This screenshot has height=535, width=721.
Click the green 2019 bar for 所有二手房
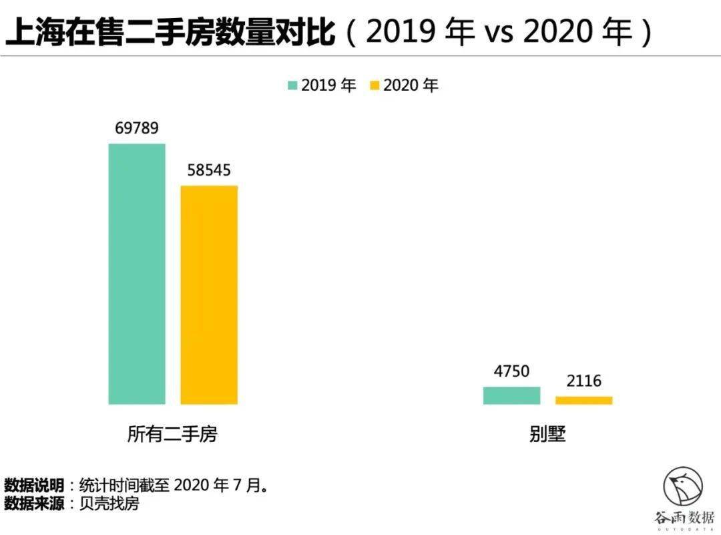(137, 274)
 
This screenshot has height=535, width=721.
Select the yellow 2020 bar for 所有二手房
(209, 295)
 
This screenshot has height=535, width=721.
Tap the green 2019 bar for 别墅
(511, 395)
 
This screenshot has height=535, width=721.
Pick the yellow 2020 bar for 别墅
(583, 400)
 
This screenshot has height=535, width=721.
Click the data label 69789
(137, 128)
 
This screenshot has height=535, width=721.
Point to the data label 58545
(209, 170)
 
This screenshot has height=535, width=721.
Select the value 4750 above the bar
(511, 371)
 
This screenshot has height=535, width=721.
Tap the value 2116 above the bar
(583, 381)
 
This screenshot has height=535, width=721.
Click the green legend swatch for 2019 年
(292, 85)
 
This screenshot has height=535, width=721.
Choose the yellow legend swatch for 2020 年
(374, 85)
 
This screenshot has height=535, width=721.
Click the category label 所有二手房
(172, 435)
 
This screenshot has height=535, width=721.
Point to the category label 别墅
(547, 435)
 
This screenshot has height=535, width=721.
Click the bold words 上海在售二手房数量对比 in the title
(170, 32)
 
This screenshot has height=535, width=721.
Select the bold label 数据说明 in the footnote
(34, 484)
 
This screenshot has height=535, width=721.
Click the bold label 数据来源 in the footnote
(34, 503)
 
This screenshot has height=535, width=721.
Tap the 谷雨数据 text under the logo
(684, 517)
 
